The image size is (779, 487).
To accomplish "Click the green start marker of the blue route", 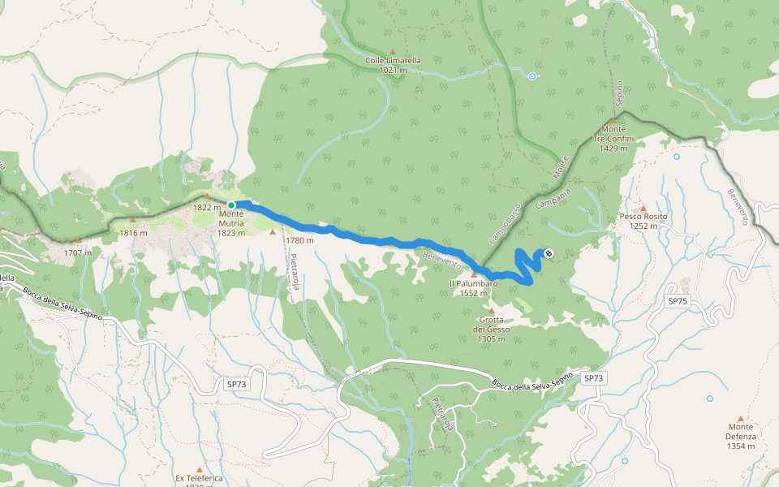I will point(231,205).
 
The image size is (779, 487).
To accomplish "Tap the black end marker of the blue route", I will point(549,254).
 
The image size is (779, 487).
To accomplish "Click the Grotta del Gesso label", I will point(492,330).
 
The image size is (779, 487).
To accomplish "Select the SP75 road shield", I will point(677,300).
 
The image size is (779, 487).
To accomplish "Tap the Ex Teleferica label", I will point(199,478).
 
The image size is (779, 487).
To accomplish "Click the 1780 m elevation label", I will point(299,240).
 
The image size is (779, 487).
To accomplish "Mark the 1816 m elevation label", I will point(133,233).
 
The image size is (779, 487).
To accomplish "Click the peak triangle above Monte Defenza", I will point(740,418).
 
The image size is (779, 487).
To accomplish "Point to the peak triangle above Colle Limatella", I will point(392,52).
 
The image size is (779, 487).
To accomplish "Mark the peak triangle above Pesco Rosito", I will point(643,208).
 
